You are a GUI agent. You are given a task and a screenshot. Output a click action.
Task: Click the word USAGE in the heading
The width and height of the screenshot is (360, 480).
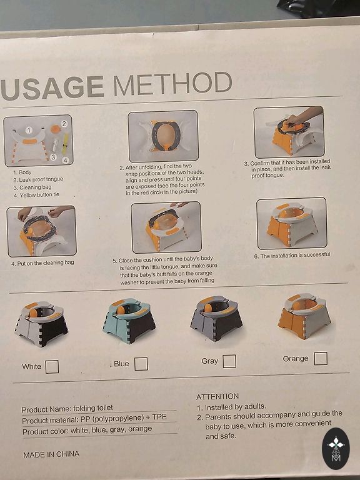(x=52, y=87)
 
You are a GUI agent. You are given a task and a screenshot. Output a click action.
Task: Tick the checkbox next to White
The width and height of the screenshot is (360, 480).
(x=52, y=366)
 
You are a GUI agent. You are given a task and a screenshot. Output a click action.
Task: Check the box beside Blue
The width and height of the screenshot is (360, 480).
(x=141, y=364)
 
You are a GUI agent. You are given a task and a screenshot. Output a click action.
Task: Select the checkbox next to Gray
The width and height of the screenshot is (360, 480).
(x=229, y=361)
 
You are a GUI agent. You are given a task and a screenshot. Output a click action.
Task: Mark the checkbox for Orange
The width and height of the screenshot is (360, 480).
(x=321, y=359)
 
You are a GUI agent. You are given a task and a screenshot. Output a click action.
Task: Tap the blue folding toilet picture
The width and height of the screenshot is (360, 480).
(x=129, y=321)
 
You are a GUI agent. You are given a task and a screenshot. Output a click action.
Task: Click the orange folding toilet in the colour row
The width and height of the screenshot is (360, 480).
(x=304, y=316)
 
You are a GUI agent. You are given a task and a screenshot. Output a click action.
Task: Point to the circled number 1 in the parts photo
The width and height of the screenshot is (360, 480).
(x=29, y=131)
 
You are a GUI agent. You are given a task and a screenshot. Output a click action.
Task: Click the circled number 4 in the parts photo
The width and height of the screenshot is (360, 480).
(x=66, y=160)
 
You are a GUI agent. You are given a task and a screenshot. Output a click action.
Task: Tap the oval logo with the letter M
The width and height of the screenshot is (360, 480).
(x=336, y=449)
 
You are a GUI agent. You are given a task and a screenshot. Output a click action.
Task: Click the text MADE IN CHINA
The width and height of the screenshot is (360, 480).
(x=51, y=454)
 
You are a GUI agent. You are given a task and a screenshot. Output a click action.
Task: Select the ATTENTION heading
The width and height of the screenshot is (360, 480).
(x=217, y=397)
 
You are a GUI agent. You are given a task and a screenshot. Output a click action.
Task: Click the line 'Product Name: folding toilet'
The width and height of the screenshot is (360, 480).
(x=67, y=409)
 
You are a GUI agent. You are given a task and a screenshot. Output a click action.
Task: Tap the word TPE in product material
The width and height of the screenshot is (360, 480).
(x=159, y=417)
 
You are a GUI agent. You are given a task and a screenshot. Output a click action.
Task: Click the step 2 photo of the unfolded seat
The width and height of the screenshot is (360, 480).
(x=163, y=136)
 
